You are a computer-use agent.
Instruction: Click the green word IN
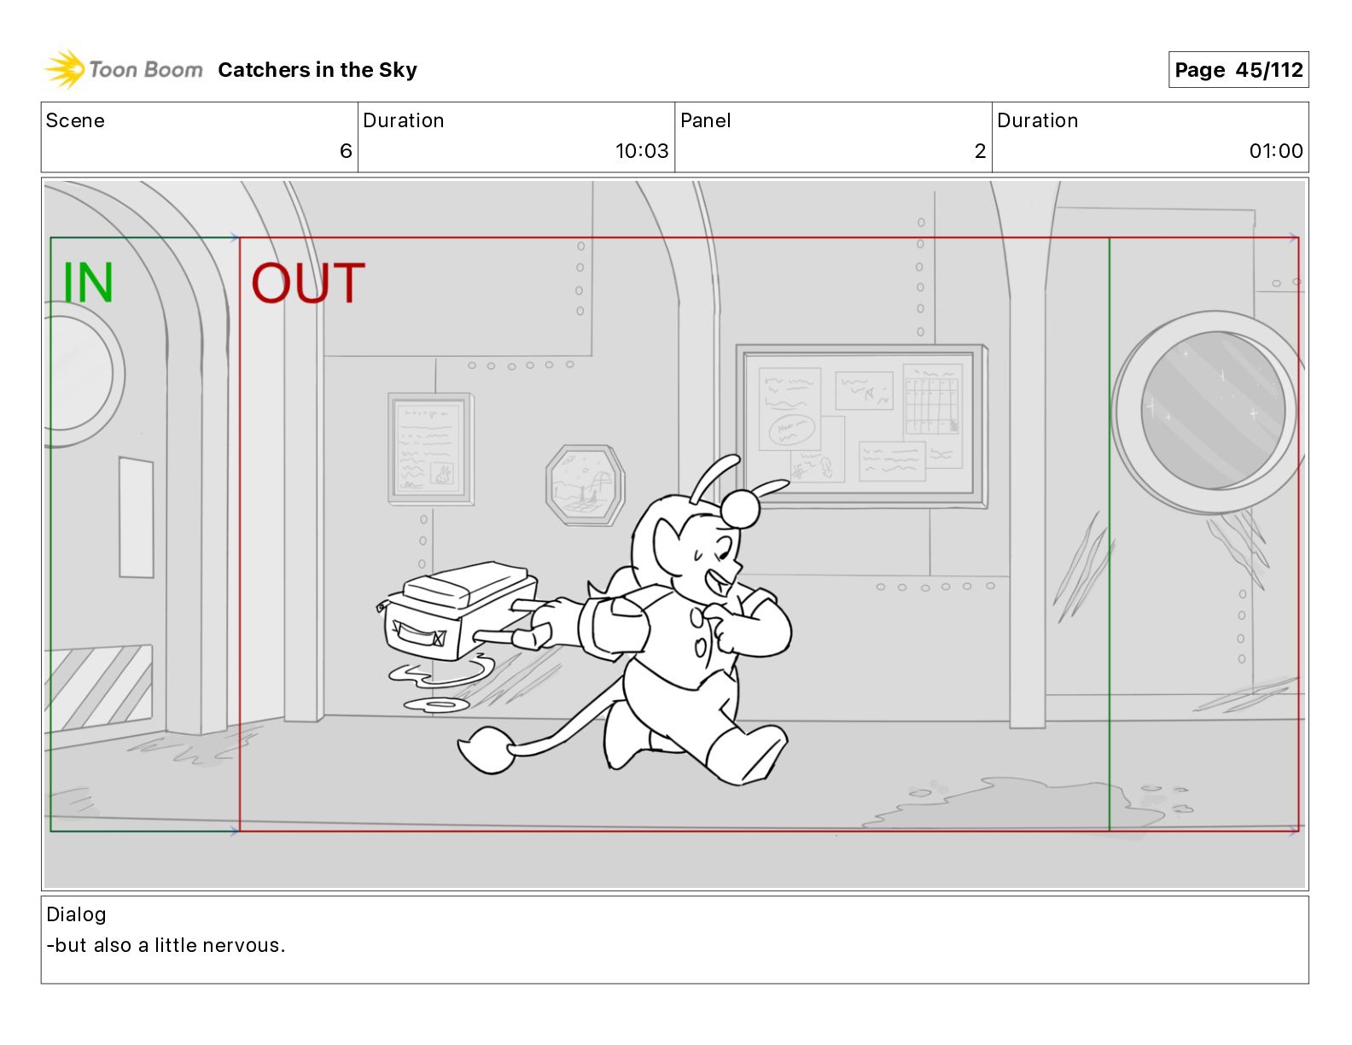pyautogui.click(x=88, y=283)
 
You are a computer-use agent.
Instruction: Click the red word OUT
pyautogui.click(x=308, y=283)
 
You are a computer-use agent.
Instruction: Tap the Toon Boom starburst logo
pyautogui.click(x=64, y=69)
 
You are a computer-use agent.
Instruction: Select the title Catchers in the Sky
pyautogui.click(x=318, y=70)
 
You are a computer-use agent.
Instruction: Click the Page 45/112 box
pyautogui.click(x=1238, y=70)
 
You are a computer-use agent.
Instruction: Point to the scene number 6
pyautogui.click(x=346, y=150)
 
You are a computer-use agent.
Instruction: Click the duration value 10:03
pyautogui.click(x=642, y=150)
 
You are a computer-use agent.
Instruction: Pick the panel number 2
pyautogui.click(x=980, y=150)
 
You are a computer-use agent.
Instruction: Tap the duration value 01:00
pyautogui.click(x=1275, y=150)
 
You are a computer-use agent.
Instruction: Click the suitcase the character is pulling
pyautogui.click(x=458, y=610)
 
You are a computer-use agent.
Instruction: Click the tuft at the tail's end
pyautogui.click(x=487, y=749)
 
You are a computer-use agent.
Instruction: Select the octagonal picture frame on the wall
pyautogui.click(x=585, y=485)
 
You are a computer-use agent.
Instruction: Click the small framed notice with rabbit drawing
pyautogui.click(x=430, y=448)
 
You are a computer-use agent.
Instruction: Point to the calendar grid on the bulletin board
pyautogui.click(x=932, y=400)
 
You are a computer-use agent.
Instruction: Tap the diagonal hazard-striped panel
pyautogui.click(x=101, y=687)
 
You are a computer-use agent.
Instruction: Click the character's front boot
pyautogui.click(x=747, y=755)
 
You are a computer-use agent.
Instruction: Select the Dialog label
pyautogui.click(x=76, y=914)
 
